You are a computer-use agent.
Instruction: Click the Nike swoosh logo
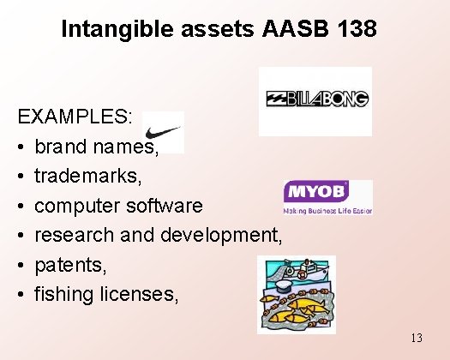[164, 133]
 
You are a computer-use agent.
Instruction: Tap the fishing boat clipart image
[296, 294]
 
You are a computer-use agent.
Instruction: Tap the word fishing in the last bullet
[62, 295]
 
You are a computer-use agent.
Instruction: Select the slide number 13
[416, 338]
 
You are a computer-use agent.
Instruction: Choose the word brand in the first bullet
[60, 147]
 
